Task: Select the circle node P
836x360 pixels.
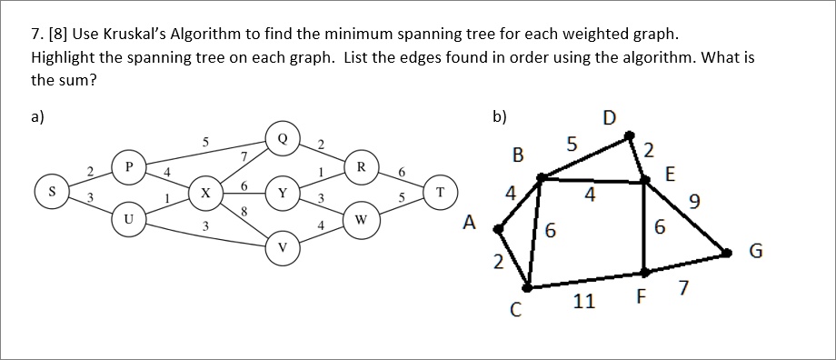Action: (x=129, y=166)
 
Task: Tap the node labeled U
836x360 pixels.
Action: (x=129, y=219)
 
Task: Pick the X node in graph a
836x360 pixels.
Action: (x=206, y=194)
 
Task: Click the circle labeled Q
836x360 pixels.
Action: (x=283, y=139)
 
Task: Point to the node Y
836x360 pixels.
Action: (x=283, y=194)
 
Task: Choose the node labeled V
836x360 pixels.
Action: (x=283, y=246)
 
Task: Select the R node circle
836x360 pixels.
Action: (x=361, y=166)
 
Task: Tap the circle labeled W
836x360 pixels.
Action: (x=361, y=219)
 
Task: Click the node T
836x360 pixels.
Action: (x=440, y=192)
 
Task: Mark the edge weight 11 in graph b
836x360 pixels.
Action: (x=584, y=301)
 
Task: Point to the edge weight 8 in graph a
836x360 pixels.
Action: (x=245, y=213)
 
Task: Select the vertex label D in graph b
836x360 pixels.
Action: (x=608, y=117)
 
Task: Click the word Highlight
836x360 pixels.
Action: (x=65, y=57)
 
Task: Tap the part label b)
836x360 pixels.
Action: (x=500, y=116)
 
